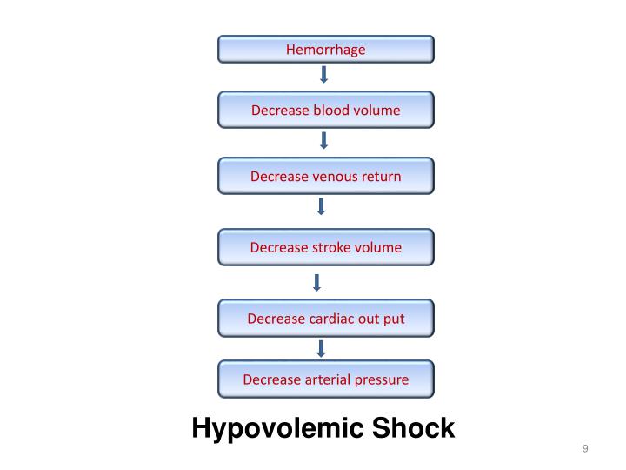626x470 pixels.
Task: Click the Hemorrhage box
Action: [x=325, y=50]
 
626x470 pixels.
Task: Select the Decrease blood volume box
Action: [x=325, y=111]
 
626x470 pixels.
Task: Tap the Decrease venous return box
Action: [x=325, y=177]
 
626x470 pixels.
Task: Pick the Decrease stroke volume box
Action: [x=325, y=247]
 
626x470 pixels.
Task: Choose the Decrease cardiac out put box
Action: [x=325, y=319]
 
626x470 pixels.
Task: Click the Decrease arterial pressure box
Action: [x=325, y=379]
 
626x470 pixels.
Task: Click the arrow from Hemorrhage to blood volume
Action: [x=324, y=75]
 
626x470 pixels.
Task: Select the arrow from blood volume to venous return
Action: [x=324, y=141]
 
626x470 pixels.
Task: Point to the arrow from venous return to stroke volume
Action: [x=322, y=207]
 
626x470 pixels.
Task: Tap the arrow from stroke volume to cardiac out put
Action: [x=317, y=282]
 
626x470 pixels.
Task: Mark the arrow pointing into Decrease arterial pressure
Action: [x=322, y=349]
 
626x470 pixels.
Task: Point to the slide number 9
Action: [x=585, y=449]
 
